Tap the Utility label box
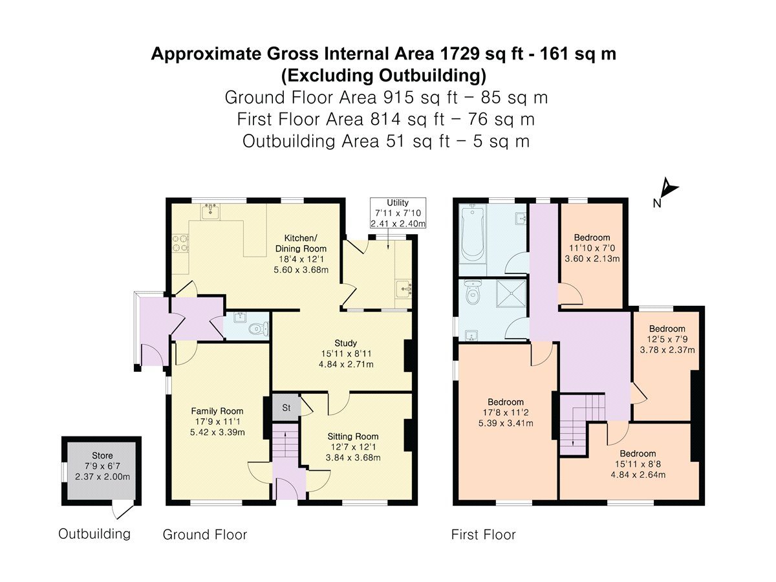pos(398,213)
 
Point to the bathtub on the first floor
pos(473,239)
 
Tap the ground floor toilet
pos(258,329)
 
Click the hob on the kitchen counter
pos(180,242)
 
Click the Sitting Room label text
pos(352,436)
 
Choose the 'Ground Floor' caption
pos(204,535)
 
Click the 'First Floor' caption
pos(483,535)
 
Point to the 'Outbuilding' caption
pos(94,534)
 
